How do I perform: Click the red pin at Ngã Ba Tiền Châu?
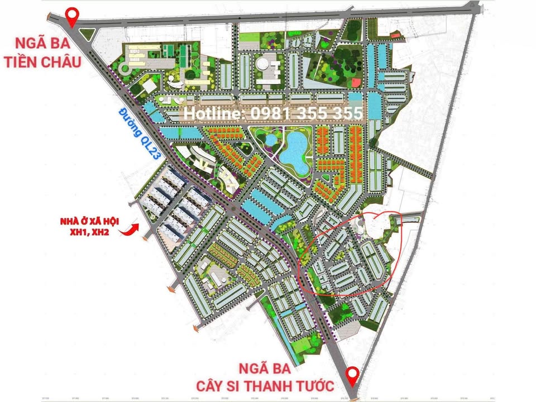point(71,17)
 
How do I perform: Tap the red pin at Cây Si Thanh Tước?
point(352,374)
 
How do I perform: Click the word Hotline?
point(213,114)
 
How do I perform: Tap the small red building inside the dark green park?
point(354,83)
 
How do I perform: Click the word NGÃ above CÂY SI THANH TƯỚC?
point(250,368)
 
